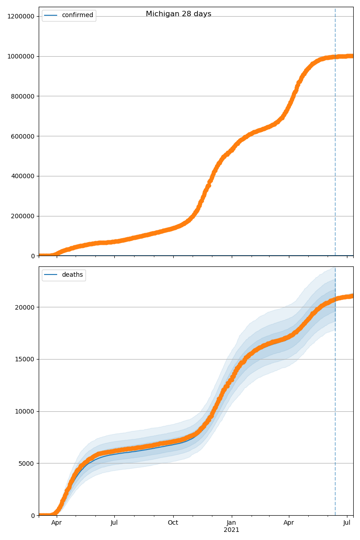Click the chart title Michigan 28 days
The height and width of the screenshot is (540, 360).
[178, 14]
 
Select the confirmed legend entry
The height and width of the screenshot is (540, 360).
[77, 15]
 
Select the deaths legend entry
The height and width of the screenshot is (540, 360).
[72, 275]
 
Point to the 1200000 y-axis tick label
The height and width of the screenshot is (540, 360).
[20, 16]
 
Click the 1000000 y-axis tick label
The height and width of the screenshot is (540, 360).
[20, 56]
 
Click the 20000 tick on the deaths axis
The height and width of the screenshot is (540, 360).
[25, 307]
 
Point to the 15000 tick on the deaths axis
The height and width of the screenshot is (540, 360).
[25, 359]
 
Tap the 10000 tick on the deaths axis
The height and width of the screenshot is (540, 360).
[25, 411]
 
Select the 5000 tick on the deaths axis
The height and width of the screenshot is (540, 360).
[27, 463]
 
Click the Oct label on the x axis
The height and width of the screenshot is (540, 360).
[173, 523]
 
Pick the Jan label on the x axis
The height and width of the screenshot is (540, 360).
[231, 523]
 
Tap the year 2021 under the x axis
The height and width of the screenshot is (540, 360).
[231, 530]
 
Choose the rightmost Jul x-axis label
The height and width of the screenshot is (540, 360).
[347, 523]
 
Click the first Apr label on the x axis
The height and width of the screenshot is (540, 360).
[56, 523]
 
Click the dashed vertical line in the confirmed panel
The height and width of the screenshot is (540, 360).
[335, 135]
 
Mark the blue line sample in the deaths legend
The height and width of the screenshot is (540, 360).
[51, 275]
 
